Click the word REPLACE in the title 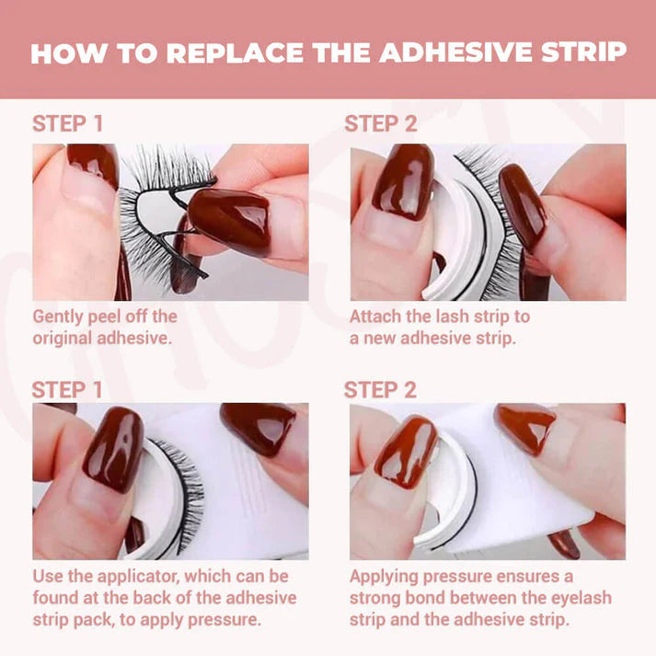tap(235, 52)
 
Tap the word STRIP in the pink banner tap(584, 52)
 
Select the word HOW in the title tap(69, 52)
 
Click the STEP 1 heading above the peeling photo tap(68, 124)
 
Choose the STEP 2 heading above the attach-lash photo tap(381, 124)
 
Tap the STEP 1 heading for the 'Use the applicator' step tap(67, 390)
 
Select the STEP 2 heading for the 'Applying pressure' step tap(380, 390)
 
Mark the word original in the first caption tap(63, 338)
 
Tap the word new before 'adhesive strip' tap(380, 339)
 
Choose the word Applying tap(384, 578)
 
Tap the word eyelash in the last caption tap(581, 599)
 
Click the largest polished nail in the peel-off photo tap(230, 221)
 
